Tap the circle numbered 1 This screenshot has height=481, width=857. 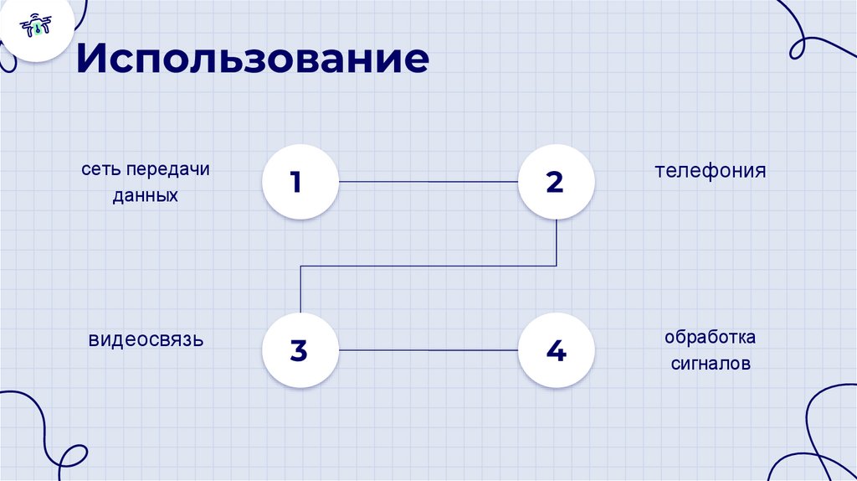tap(299, 182)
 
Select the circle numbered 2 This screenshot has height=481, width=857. tap(556, 182)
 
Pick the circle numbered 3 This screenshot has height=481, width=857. tap(299, 349)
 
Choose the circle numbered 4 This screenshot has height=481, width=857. tap(556, 349)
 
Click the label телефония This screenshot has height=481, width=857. tap(711, 172)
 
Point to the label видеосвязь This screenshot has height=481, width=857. tap(146, 340)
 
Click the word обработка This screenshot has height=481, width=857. tap(711, 338)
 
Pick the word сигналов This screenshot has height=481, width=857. tap(711, 365)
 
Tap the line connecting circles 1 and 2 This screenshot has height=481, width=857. tap(427, 182)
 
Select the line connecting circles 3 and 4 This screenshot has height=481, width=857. tap(427, 349)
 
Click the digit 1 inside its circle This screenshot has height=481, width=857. tap(296, 182)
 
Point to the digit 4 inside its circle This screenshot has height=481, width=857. tap(556, 350)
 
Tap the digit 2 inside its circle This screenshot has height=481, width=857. tap(555, 182)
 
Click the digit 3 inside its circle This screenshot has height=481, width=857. tap(299, 350)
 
